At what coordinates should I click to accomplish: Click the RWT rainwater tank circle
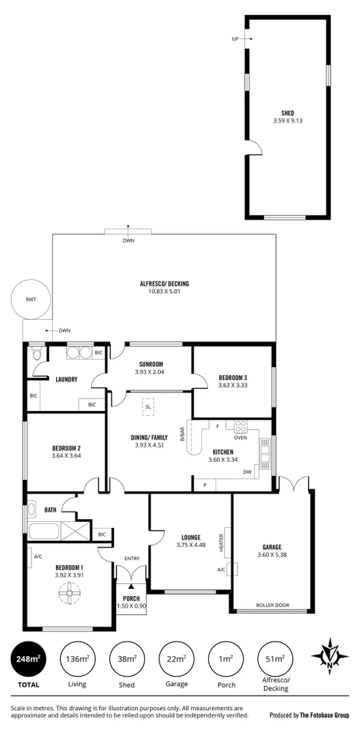coord(29,300)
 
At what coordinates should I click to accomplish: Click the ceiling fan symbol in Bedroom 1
coord(69,597)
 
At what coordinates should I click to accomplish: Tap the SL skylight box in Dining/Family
coord(149,407)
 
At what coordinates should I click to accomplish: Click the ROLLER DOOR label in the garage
coord(272,605)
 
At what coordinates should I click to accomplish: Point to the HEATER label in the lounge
coord(222,543)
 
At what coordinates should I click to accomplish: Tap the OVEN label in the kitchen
coord(240,438)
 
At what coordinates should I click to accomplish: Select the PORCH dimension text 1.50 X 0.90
coord(131,606)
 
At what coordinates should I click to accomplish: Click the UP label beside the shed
coord(235,39)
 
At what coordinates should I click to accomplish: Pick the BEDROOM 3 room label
coord(233,378)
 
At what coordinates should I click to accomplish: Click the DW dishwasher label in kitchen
coord(247,472)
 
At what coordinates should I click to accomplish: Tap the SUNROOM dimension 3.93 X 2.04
coord(149,373)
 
